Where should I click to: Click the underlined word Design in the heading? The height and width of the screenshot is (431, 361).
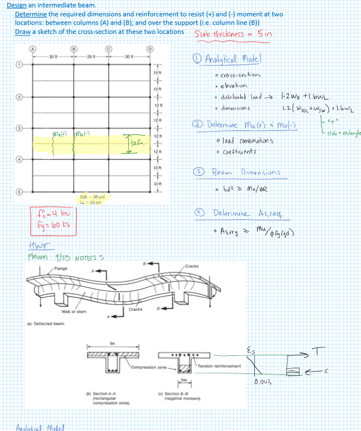(x=16, y=5)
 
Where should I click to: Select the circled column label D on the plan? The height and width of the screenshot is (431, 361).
(x=149, y=49)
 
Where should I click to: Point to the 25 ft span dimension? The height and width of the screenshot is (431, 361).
(x=92, y=56)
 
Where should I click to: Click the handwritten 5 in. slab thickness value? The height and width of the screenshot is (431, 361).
(x=265, y=34)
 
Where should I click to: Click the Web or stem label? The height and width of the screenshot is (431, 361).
(x=73, y=311)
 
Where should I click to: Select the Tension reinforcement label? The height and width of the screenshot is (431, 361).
(x=219, y=366)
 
